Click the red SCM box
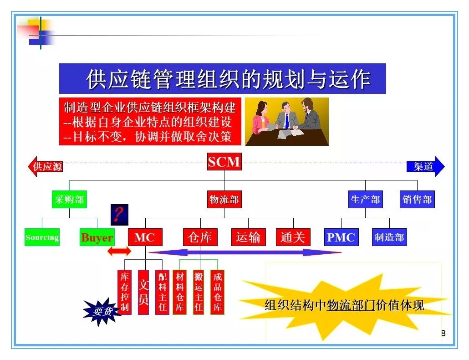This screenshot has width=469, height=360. point(224,162)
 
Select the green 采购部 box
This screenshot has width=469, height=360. point(69,199)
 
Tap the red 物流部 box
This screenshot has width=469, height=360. point(224,199)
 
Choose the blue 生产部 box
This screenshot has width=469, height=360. point(365,199)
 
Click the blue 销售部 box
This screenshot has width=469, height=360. point(417,199)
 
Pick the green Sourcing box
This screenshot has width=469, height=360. point(42,237)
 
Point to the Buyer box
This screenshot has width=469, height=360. point(97,237)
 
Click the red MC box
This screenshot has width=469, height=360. point(145,237)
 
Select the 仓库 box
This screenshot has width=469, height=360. point(200,237)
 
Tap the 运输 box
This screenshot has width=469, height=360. point(248,237)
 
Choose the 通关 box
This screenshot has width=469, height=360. point(293,237)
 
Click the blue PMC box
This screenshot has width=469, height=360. point(342,237)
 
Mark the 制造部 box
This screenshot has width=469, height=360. point(389,237)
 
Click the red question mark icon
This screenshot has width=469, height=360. point(119,215)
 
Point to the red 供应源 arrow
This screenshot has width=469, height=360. point(45,166)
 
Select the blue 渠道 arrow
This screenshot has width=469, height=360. point(425,166)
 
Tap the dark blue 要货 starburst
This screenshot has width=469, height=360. point(102,312)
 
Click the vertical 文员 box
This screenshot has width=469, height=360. point(143,292)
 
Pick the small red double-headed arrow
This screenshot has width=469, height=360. point(119,251)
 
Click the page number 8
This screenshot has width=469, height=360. point(444,333)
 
